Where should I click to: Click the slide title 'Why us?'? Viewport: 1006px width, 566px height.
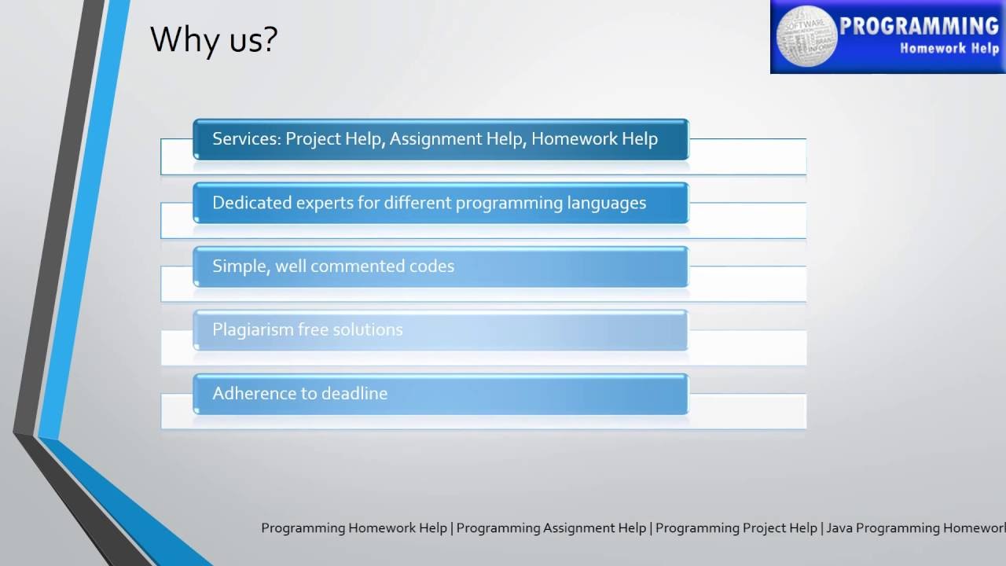[214, 39]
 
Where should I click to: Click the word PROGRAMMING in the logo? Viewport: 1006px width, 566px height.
[918, 27]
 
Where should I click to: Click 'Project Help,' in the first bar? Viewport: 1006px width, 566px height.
[335, 139]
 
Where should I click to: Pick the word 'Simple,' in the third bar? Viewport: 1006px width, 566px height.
[240, 266]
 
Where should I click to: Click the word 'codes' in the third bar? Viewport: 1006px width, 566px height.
[431, 266]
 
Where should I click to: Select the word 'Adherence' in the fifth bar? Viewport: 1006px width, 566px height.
[251, 394]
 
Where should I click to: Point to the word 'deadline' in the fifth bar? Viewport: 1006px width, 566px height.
[353, 394]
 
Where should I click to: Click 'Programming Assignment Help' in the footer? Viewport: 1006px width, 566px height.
[551, 528]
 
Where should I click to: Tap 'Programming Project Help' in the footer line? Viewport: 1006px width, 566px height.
[736, 528]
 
